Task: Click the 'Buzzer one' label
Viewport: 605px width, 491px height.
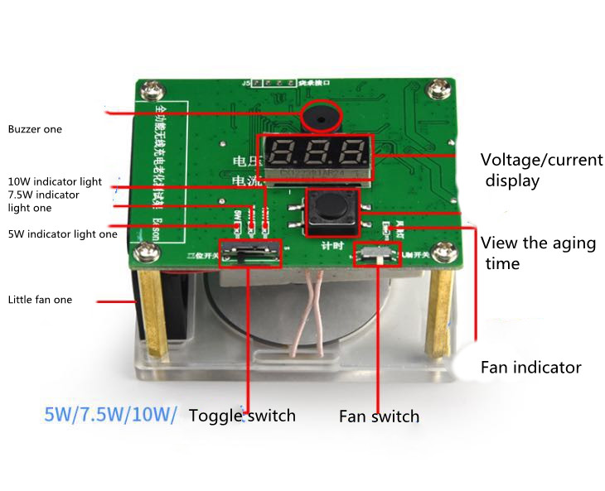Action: (35, 129)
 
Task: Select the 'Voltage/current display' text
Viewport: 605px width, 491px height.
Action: (541, 170)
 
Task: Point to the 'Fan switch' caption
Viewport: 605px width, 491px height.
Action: (379, 416)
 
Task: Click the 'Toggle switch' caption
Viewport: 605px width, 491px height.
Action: (242, 415)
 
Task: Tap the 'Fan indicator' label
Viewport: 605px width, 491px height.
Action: (530, 367)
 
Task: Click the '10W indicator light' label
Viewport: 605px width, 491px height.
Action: (55, 181)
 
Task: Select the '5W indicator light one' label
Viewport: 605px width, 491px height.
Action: (62, 233)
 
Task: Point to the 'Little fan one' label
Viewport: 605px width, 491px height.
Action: (40, 300)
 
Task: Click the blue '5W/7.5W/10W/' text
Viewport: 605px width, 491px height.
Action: (110, 414)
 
